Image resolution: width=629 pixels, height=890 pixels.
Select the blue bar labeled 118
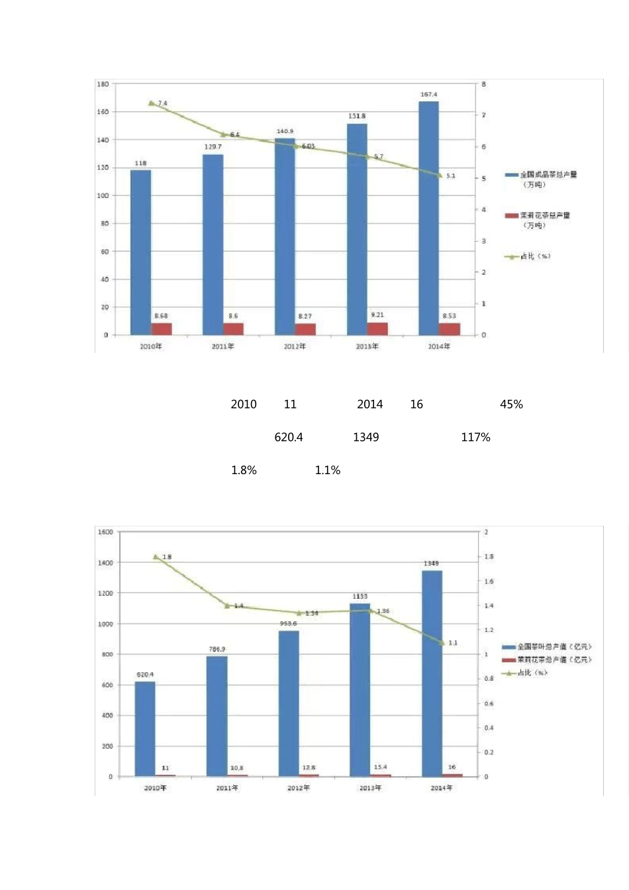tap(140, 252)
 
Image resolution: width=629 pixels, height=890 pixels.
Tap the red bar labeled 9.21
tap(377, 328)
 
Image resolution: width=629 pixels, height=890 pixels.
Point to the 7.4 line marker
tap(151, 103)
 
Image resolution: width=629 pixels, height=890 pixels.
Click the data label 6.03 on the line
tap(309, 146)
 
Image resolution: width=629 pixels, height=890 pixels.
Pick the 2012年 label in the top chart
tap(295, 346)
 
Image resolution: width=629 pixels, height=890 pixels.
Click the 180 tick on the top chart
tap(103, 84)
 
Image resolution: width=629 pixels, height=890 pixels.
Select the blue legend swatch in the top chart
tap(511, 175)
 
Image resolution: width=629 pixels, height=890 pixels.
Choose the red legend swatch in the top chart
tap(511, 216)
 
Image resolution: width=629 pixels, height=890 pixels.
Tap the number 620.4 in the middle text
tap(289, 437)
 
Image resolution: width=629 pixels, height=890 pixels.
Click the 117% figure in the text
tap(475, 437)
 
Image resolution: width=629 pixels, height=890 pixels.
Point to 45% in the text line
tap(511, 404)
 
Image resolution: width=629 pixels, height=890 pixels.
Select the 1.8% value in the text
tap(244, 470)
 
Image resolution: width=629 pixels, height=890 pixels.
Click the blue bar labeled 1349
tap(432, 673)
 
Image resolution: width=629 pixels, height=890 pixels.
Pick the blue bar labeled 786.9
tap(217, 716)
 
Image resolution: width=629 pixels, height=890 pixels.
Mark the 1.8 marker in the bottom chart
tap(156, 557)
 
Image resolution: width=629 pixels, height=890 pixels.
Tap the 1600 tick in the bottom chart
tap(105, 532)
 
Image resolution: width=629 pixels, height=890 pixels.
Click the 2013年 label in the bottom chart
tap(370, 788)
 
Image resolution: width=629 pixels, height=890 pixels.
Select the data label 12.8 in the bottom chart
tap(309, 767)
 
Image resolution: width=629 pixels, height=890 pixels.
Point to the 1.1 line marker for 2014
tap(442, 642)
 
